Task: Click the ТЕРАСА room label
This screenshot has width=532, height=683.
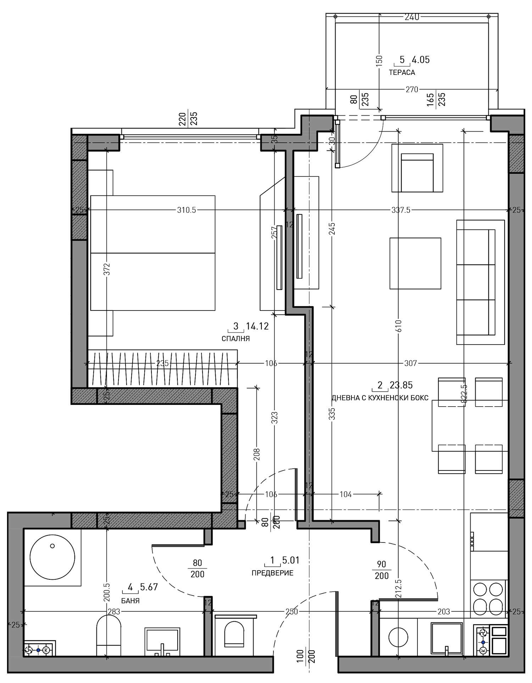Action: click(x=402, y=72)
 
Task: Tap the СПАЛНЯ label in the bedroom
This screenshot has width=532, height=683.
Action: click(x=235, y=338)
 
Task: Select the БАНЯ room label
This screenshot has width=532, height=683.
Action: click(x=130, y=601)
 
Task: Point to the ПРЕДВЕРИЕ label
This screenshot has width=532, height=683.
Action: click(x=272, y=573)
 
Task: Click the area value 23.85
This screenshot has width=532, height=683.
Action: click(x=401, y=385)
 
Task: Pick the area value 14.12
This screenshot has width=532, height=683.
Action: click(x=257, y=326)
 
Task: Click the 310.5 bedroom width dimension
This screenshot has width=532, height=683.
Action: click(x=187, y=210)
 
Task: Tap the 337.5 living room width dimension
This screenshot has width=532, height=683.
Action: click(x=401, y=210)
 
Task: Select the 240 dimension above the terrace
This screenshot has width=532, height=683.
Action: click(x=412, y=17)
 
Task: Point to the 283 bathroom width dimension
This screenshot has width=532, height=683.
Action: click(x=114, y=611)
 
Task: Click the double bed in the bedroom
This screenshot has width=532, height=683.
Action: click(x=153, y=253)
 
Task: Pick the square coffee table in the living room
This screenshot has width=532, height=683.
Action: click(x=415, y=263)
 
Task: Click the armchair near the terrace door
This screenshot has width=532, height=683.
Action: click(x=417, y=168)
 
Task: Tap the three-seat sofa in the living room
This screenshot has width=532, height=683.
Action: click(x=481, y=282)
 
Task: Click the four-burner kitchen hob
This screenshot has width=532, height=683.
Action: click(x=489, y=599)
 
